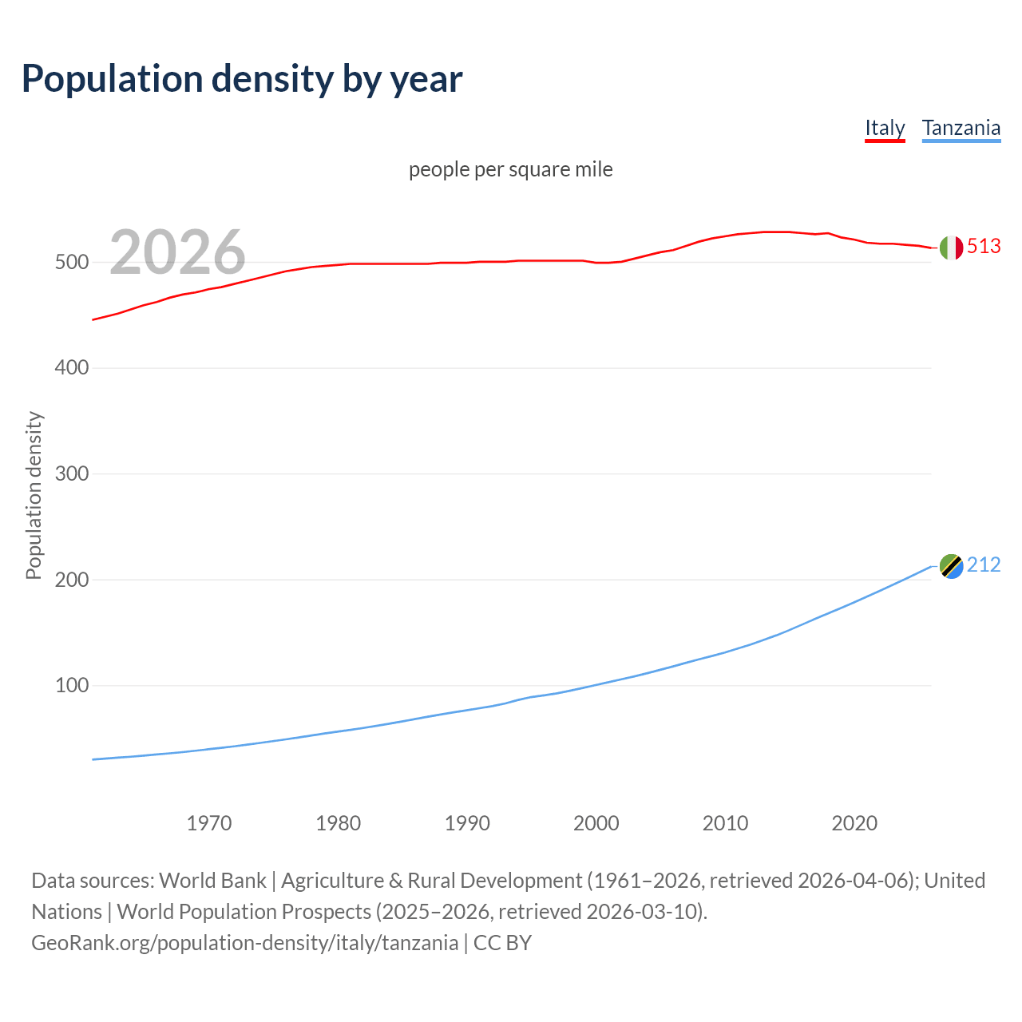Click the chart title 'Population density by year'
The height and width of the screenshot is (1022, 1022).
tap(242, 79)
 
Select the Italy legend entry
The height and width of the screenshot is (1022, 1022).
tap(885, 128)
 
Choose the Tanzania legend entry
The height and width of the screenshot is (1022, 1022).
tap(961, 128)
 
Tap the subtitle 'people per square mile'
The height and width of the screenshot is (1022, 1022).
tap(510, 169)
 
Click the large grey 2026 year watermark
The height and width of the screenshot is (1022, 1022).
tap(177, 252)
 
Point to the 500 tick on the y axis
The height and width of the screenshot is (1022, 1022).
tap(71, 263)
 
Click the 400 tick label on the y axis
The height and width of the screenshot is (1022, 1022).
tap(71, 368)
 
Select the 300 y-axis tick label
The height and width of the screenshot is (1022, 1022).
tap(71, 474)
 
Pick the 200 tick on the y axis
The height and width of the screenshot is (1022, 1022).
tap(71, 580)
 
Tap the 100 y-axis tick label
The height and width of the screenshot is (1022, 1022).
tap(71, 686)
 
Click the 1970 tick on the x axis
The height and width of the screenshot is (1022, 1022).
tap(209, 823)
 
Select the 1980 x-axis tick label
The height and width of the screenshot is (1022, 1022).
tap(338, 823)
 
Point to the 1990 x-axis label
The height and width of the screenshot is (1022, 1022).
tap(467, 823)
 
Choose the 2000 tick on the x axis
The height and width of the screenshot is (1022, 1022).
tap(596, 823)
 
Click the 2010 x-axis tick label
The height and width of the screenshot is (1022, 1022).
tap(725, 823)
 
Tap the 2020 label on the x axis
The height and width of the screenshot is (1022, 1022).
tap(854, 823)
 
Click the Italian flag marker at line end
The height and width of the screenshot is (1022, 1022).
tap(951, 248)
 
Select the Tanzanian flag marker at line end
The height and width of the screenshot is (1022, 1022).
tap(951, 566)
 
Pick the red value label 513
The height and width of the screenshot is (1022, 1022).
tap(984, 247)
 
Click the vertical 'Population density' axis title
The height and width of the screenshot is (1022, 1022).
tap(34, 495)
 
